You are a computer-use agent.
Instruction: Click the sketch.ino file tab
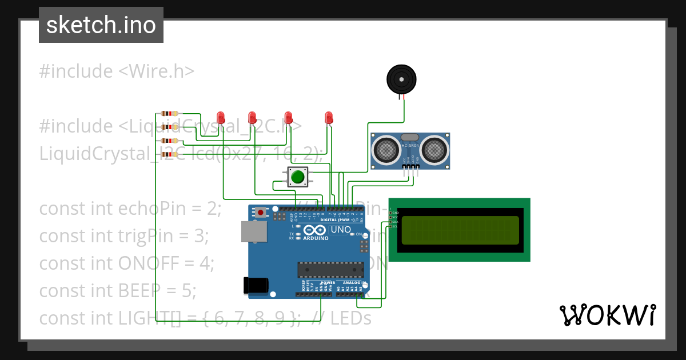click(101, 25)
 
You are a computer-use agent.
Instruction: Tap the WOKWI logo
click(607, 315)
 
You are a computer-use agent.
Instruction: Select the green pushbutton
click(297, 177)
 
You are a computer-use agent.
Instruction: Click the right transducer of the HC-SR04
click(434, 150)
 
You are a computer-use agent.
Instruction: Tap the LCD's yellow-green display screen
click(460, 230)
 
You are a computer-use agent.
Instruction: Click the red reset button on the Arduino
click(261, 213)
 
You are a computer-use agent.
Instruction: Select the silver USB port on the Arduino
click(254, 231)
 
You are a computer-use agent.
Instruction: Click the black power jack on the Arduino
click(255, 285)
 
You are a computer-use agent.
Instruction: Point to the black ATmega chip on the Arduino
click(330, 270)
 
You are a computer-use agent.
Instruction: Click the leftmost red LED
click(220, 117)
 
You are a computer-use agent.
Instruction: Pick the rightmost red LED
click(328, 117)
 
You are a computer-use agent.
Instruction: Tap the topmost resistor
click(169, 114)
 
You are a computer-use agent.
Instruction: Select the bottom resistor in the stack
click(169, 154)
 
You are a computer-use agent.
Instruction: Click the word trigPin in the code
click(147, 235)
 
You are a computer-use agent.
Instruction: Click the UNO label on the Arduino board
click(341, 230)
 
